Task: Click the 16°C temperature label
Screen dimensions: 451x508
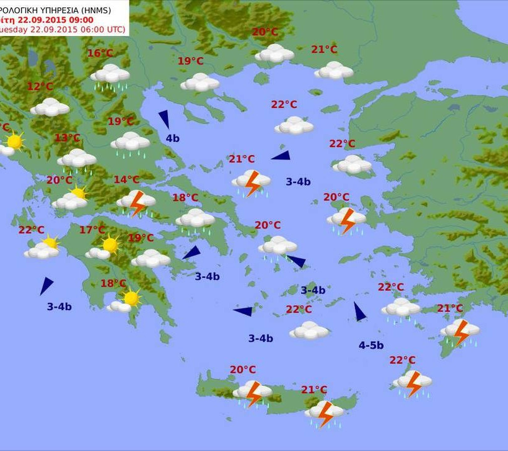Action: pos(100,53)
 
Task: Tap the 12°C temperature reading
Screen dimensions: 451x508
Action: pos(40,86)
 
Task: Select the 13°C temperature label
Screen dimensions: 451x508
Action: pos(67,138)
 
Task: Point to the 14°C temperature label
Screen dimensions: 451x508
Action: pos(126,180)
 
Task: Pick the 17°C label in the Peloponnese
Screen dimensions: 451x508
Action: pos(92,230)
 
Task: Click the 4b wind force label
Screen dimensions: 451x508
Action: pos(172,138)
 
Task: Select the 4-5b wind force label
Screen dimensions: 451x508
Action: pos(371,346)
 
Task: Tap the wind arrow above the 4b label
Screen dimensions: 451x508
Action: pos(164,118)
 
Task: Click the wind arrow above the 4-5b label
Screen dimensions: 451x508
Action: pos(359,311)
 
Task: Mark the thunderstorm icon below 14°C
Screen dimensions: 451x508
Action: pos(136,202)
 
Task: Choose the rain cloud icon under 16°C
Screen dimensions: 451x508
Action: pos(110,76)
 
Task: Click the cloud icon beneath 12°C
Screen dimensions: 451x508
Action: pos(50,107)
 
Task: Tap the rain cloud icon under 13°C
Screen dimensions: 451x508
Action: pos(77,161)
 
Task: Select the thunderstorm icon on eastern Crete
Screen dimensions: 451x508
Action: pos(325,413)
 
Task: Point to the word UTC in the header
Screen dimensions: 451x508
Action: pos(114,30)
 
